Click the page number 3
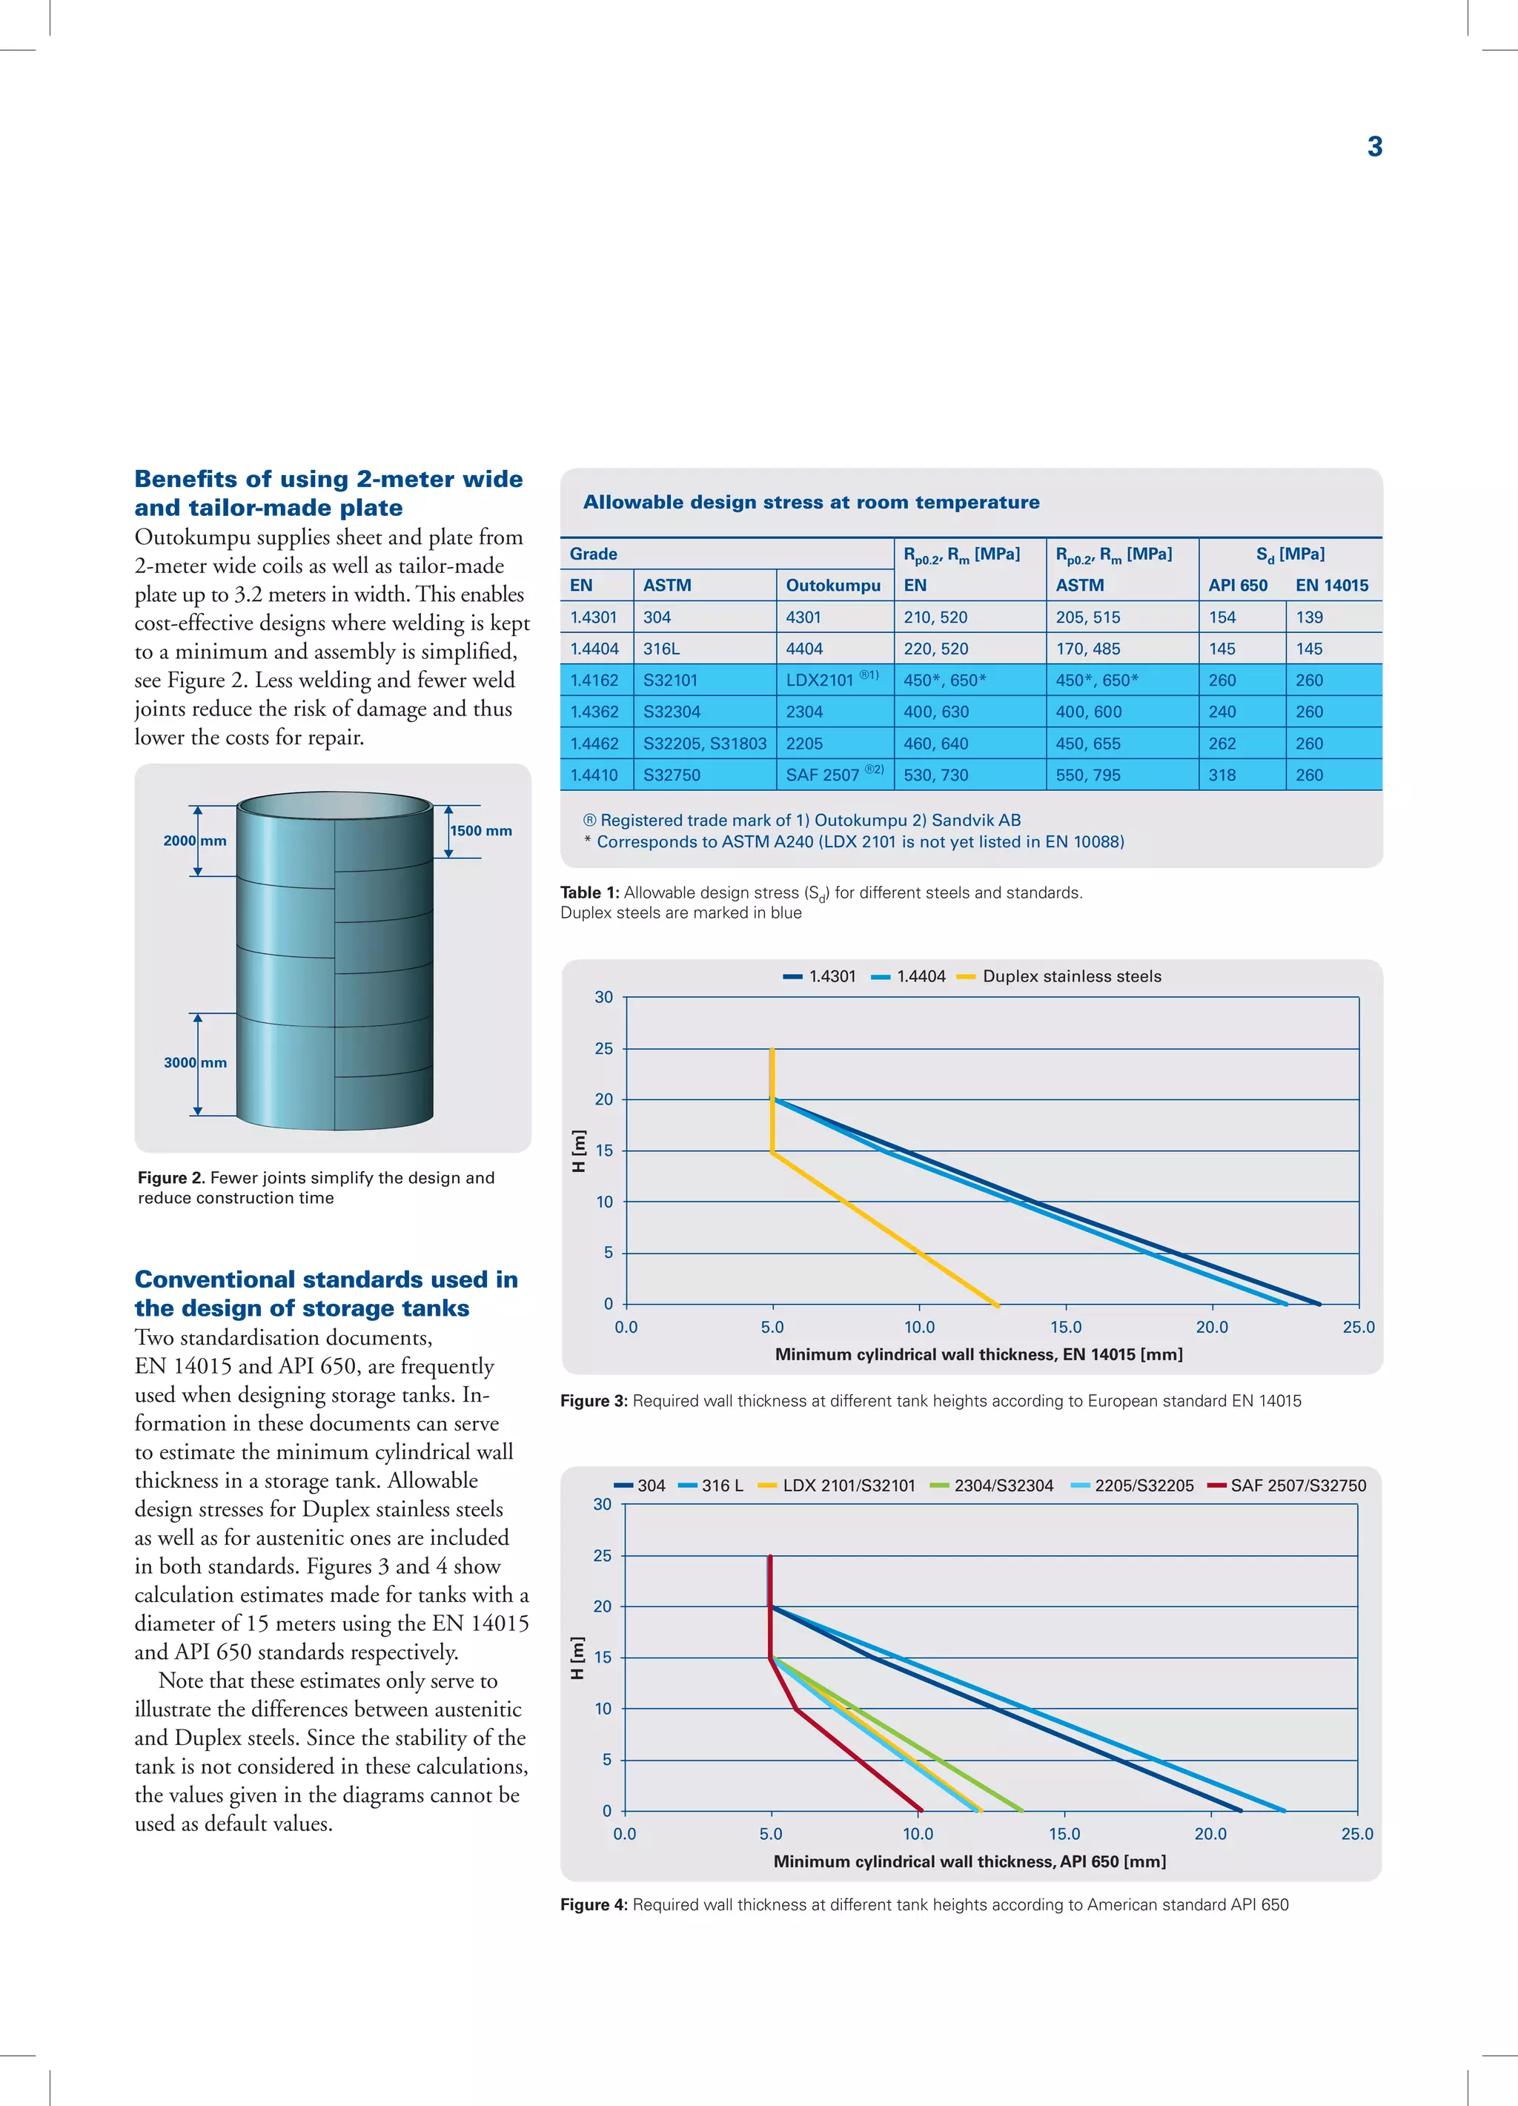(1374, 147)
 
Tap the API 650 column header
(1238, 585)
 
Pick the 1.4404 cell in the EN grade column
(594, 648)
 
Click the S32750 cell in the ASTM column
(672, 775)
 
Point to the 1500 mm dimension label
(481, 830)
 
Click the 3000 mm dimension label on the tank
(195, 1062)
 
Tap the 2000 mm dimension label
(195, 841)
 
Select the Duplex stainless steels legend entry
(1071, 976)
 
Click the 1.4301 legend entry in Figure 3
(832, 976)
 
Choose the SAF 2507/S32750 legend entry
(1297, 1485)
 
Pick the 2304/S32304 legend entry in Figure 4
(1003, 1485)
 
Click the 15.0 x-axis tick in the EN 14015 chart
(1065, 1327)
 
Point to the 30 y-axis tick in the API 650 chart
(603, 1503)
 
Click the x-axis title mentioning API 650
(970, 1861)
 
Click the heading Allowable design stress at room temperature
(811, 503)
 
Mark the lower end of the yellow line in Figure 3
(997, 1305)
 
